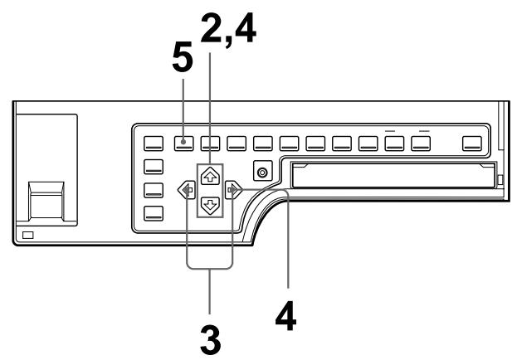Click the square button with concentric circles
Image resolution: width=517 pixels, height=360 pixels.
click(x=263, y=173)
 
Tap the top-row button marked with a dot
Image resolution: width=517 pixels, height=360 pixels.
click(x=184, y=143)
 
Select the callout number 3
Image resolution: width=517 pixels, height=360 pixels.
click(x=210, y=337)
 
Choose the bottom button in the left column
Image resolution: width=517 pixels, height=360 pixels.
click(x=155, y=212)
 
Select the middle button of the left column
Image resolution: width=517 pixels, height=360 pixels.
click(x=155, y=189)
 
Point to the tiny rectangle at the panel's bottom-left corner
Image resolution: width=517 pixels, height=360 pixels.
click(x=29, y=236)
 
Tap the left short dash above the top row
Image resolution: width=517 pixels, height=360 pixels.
click(x=393, y=130)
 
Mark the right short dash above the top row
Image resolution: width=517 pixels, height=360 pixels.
click(x=422, y=130)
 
